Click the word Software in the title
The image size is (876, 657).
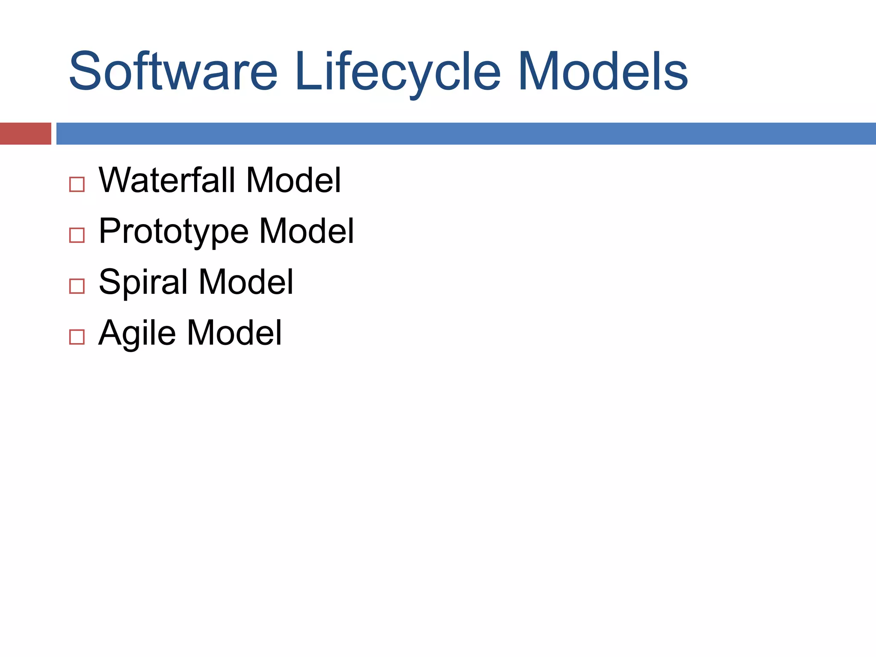pyautogui.click(x=173, y=71)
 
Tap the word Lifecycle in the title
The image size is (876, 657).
pyautogui.click(x=397, y=71)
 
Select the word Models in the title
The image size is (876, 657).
pyautogui.click(x=603, y=71)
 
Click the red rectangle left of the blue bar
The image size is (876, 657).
pyautogui.click(x=25, y=133)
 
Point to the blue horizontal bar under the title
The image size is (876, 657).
pyautogui.click(x=466, y=133)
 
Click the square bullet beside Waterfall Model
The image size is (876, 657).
pyautogui.click(x=77, y=184)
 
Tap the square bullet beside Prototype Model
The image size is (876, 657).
pyautogui.click(x=77, y=235)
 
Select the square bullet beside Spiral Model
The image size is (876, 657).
pyautogui.click(x=77, y=286)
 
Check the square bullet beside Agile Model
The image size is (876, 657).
pyautogui.click(x=77, y=337)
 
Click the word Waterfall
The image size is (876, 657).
pyautogui.click(x=167, y=180)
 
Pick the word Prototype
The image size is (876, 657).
pyautogui.click(x=174, y=231)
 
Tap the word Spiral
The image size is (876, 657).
pyautogui.click(x=143, y=282)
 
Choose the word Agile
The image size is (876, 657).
pyautogui.click(x=137, y=333)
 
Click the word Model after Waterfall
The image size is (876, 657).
pyautogui.click(x=293, y=180)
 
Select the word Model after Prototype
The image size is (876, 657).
pyautogui.click(x=307, y=231)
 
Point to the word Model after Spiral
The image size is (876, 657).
pyautogui.click(x=246, y=282)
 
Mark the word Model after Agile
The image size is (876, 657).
pyautogui.click(x=234, y=333)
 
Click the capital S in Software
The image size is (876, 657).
pyautogui.click(x=84, y=71)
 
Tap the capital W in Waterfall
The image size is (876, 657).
pyautogui.click(x=116, y=180)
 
